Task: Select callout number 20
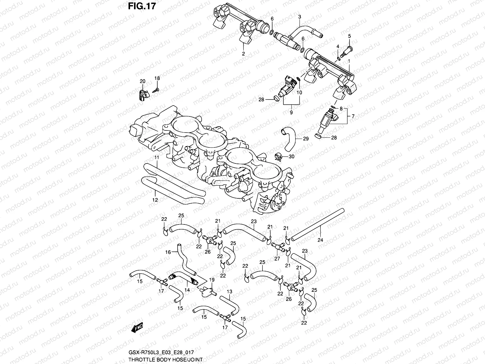pos(142,81)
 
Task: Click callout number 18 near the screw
pos(157,78)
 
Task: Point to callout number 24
pos(320,240)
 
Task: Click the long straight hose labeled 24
pos(318,224)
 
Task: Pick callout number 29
pos(306,139)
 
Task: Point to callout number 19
pos(212,280)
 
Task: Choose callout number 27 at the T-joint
pos(276,259)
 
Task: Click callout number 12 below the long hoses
pos(155,200)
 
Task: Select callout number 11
pos(156,157)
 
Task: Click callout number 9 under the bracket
pos(291,113)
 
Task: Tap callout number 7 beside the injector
pos(353,116)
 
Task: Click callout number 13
pos(229,292)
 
